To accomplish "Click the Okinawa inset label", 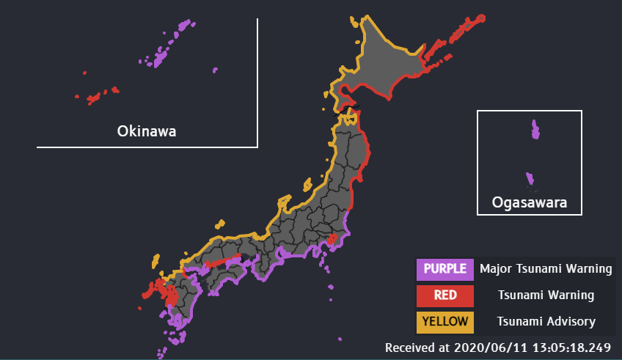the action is pyautogui.click(x=147, y=131).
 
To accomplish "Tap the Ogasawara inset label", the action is pyautogui.click(x=530, y=202).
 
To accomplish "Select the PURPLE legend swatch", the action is pyautogui.click(x=444, y=268).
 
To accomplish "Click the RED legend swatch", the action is pyautogui.click(x=444, y=295).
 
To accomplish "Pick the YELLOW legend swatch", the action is pyautogui.click(x=444, y=321).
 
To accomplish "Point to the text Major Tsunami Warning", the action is pyautogui.click(x=546, y=268).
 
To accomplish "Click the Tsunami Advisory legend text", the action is pyautogui.click(x=546, y=321).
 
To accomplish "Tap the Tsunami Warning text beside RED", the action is pyautogui.click(x=546, y=295).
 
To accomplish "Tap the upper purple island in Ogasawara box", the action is pyautogui.click(x=535, y=130).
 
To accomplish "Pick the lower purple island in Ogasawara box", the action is pyautogui.click(x=530, y=178).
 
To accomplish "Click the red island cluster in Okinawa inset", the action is pyautogui.click(x=94, y=98).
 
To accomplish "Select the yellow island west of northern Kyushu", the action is pyautogui.click(x=155, y=261).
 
